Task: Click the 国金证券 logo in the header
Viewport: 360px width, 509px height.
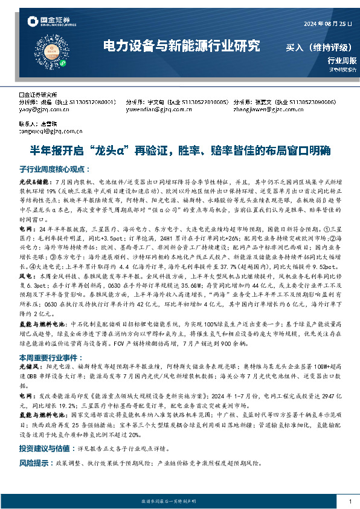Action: pos(51,23)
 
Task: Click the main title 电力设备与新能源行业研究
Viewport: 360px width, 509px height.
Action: pos(182,45)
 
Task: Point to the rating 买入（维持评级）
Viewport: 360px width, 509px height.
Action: pos(321,47)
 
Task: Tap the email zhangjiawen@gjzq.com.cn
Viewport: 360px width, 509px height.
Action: pos(266,110)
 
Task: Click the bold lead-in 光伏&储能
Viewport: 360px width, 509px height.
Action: pos(32,181)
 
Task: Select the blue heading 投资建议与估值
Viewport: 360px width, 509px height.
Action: pos(43,449)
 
